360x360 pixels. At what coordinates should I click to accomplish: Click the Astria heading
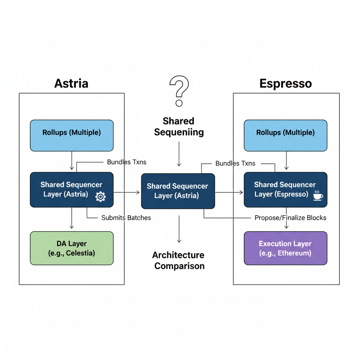click(71, 83)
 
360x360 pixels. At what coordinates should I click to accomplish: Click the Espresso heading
click(285, 83)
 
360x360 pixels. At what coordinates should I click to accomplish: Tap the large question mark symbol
click(179, 91)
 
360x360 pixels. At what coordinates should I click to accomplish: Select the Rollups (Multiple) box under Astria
click(72, 135)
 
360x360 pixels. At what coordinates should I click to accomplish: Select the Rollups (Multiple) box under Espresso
click(285, 135)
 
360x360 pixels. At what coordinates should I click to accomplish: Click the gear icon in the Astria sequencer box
click(101, 197)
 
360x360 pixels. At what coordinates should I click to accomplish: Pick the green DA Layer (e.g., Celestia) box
click(72, 248)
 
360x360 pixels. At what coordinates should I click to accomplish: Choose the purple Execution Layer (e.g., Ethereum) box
click(285, 248)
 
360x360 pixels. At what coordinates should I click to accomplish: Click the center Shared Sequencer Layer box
click(178, 191)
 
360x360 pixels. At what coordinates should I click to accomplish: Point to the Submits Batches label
click(126, 218)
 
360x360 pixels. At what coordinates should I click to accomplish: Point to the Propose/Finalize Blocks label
click(290, 218)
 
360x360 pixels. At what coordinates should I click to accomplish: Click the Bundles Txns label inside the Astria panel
click(127, 162)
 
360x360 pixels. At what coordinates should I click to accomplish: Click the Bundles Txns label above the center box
click(235, 163)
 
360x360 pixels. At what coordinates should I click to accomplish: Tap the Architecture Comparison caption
click(179, 261)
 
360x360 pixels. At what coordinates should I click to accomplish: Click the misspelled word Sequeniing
click(179, 132)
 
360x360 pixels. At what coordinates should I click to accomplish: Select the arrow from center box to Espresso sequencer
click(229, 192)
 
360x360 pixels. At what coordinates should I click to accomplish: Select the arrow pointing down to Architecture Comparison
click(179, 229)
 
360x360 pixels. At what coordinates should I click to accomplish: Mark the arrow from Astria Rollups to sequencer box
click(72, 161)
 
